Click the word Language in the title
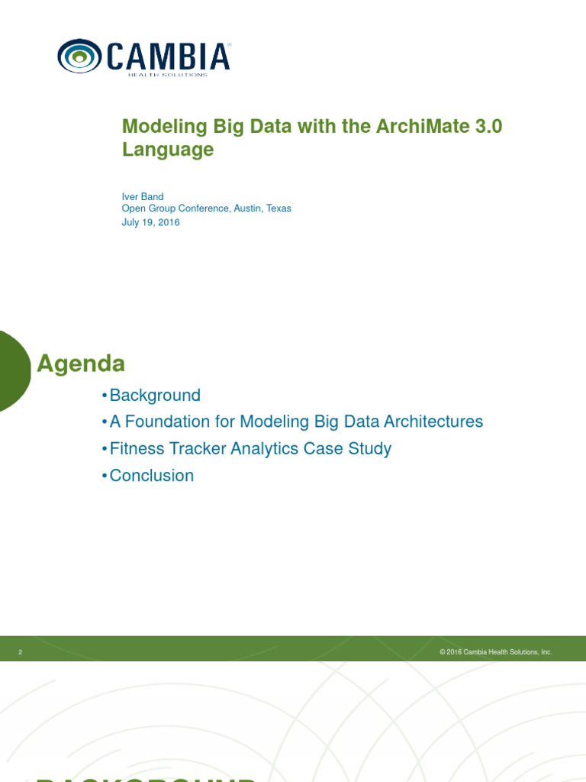168,150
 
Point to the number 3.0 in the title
488,127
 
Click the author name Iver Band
143,196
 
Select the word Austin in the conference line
248,208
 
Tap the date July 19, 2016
151,222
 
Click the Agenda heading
81,364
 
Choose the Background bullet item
155,396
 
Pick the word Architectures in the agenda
435,422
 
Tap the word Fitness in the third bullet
137,448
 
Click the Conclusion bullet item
152,475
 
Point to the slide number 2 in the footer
21,652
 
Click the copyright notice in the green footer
495,652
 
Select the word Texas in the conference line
279,208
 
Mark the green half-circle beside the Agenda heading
14,370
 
